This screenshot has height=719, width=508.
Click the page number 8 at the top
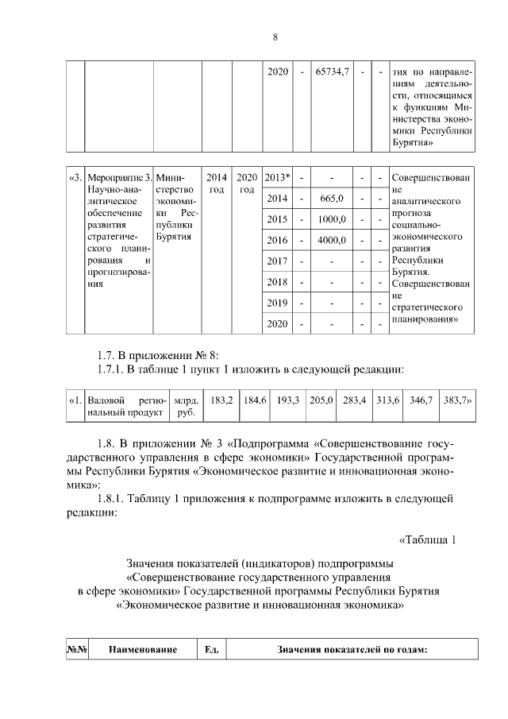tap(275, 37)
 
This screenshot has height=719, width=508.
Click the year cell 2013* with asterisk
tap(277, 177)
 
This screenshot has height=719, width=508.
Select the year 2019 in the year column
tap(277, 303)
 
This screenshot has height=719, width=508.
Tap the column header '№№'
tap(76, 650)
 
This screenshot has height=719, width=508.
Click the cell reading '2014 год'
tap(216, 184)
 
